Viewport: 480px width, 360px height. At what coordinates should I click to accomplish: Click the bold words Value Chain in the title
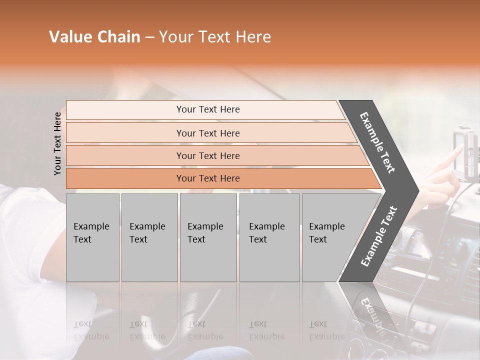coord(94,37)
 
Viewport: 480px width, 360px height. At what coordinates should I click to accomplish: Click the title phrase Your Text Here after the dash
coord(215,37)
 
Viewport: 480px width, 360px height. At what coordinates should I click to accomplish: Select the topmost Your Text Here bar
coord(207,109)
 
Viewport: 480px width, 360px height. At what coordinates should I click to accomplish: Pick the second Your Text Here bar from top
coord(207,133)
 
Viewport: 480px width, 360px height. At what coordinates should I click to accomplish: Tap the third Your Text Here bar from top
coord(207,155)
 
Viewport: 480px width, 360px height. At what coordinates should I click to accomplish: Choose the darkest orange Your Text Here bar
coord(207,178)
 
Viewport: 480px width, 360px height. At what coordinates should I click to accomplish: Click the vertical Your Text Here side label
coord(57,143)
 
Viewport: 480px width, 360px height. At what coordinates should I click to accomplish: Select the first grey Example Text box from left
coord(92,237)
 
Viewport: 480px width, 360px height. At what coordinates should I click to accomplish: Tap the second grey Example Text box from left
coord(149,237)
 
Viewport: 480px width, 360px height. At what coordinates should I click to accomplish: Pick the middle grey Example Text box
coord(208,237)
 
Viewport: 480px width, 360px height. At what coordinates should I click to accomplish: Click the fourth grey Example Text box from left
coord(269,237)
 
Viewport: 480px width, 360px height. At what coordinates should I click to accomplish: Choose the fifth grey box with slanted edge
coord(330,237)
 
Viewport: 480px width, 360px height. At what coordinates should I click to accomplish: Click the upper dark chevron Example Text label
coord(377,143)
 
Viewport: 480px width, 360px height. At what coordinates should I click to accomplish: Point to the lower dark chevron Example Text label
coord(379,236)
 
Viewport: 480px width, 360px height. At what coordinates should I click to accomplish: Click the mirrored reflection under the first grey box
coord(92,320)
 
